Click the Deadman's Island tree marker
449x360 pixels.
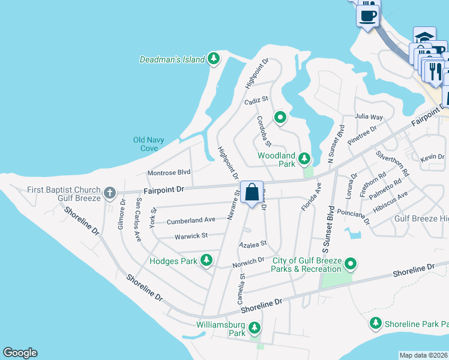pyautogui.click(x=213, y=58)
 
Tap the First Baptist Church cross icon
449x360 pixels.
pyautogui.click(x=109, y=193)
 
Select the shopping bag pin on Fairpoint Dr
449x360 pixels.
pyautogui.click(x=252, y=193)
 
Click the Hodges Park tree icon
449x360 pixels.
pyautogui.click(x=206, y=260)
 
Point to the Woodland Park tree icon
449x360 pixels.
pyautogui.click(x=304, y=158)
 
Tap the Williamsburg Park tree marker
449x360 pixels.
pyautogui.click(x=255, y=328)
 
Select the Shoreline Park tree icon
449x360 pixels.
pyautogui.click(x=376, y=323)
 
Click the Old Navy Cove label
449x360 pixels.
pyautogui.click(x=146, y=144)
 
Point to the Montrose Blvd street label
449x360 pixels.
pyautogui.click(x=169, y=172)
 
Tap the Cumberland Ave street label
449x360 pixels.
pyautogui.click(x=191, y=220)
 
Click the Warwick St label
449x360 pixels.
pyautogui.click(x=191, y=236)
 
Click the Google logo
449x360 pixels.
pyautogui.click(x=20, y=353)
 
